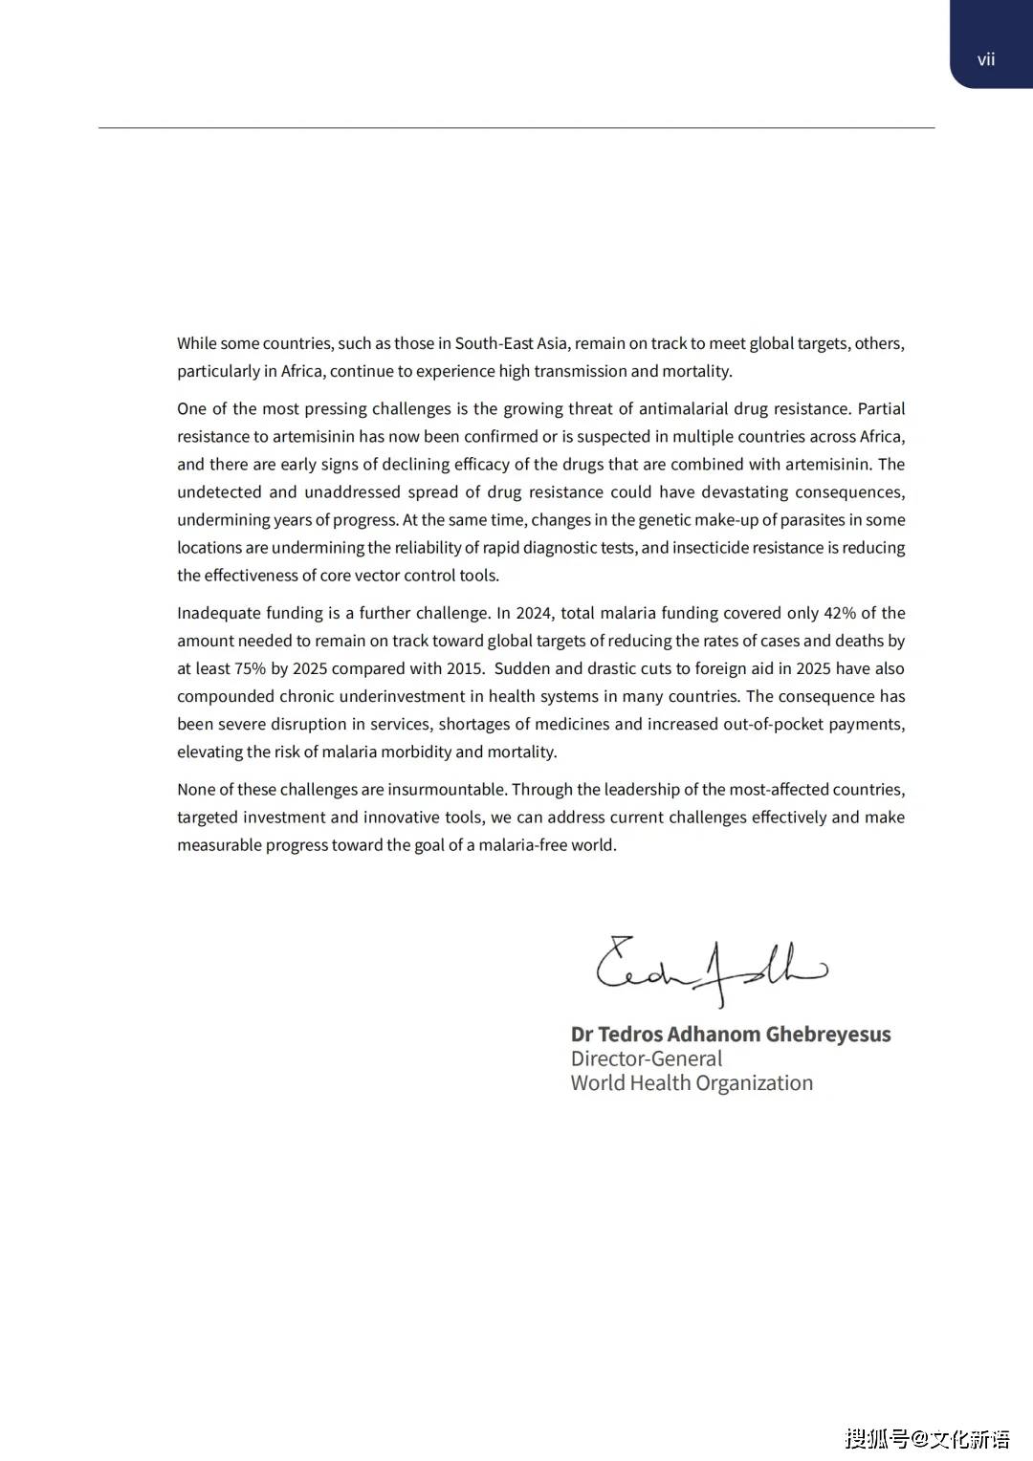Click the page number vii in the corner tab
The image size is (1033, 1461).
pyautogui.click(x=986, y=59)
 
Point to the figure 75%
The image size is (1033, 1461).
pyautogui.click(x=250, y=668)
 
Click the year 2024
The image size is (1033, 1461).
pyautogui.click(x=534, y=613)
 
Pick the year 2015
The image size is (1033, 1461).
pyautogui.click(x=465, y=668)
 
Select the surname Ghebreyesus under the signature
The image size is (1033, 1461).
pyautogui.click(x=828, y=1035)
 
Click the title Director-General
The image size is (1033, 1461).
pyautogui.click(x=647, y=1059)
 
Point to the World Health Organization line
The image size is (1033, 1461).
pyautogui.click(x=692, y=1083)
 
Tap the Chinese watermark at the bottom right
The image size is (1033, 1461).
pyautogui.click(x=927, y=1438)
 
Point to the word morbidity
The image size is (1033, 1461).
pyautogui.click(x=416, y=752)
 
